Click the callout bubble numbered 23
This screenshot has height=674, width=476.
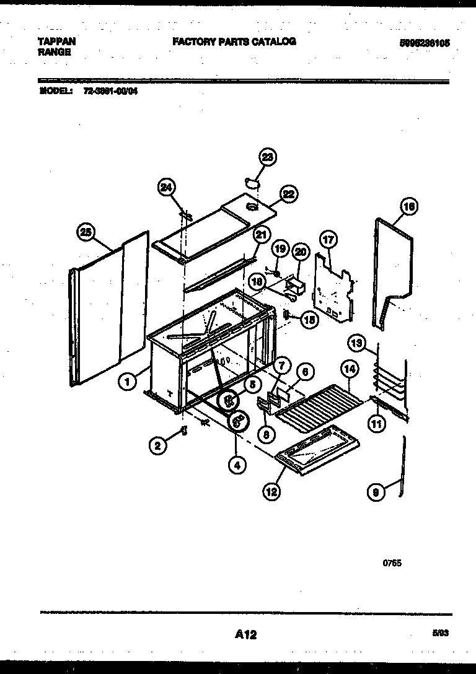(267, 158)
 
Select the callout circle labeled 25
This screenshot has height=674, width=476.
(86, 233)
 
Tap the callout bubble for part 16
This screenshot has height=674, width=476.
(409, 207)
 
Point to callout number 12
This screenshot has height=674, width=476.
(271, 492)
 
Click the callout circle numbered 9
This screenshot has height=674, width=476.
(375, 492)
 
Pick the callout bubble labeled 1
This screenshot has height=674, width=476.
(126, 383)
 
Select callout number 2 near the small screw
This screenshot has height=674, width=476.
(158, 444)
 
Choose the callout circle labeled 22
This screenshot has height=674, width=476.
(288, 194)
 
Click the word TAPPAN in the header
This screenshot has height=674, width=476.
(57, 42)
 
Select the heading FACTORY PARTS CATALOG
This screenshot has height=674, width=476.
(234, 42)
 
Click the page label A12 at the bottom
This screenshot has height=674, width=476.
(245, 634)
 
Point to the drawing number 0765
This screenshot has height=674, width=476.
(392, 563)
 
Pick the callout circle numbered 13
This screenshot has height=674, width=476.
(356, 343)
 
